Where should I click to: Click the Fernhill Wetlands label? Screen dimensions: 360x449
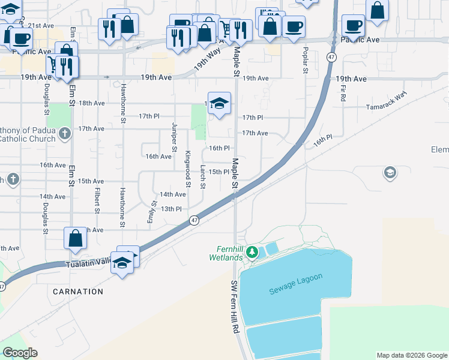230,253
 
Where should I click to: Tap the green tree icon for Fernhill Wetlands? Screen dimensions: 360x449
253,251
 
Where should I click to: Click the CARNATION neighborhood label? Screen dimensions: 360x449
77,292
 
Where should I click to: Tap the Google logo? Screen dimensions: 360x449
20,353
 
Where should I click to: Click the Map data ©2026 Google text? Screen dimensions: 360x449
412,355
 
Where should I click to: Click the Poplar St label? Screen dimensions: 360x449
306,60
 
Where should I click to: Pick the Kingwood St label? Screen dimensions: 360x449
188,166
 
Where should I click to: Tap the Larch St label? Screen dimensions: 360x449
203,177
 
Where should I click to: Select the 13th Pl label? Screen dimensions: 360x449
170,209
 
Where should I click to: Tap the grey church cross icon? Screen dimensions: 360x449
13,179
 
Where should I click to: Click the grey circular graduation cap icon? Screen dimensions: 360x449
390,173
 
